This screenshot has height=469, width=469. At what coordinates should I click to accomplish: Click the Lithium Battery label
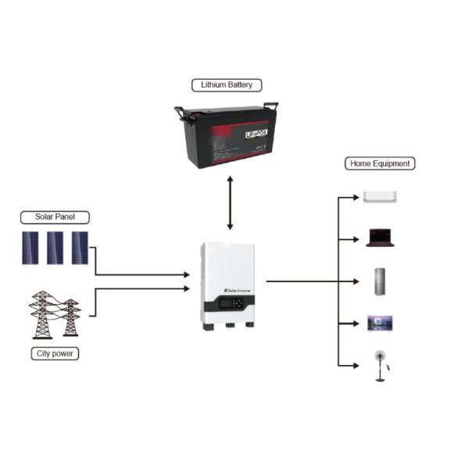coord(227,84)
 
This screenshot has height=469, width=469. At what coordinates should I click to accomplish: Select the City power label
coord(53,354)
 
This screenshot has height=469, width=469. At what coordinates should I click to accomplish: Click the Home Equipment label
coord(379,163)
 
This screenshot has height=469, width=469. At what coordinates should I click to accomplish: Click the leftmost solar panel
coord(30,248)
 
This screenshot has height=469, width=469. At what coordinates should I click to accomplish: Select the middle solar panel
coord(55,248)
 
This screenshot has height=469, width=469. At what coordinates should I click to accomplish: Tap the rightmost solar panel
coord(81,248)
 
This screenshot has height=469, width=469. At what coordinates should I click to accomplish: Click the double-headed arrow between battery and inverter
coord(230,203)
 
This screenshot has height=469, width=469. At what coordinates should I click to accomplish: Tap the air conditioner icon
coord(380,198)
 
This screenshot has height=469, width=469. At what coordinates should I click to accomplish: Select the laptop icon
coord(380,238)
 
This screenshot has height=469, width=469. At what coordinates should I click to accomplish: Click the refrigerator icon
coord(380,281)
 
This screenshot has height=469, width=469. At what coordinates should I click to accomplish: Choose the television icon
coord(380,324)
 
